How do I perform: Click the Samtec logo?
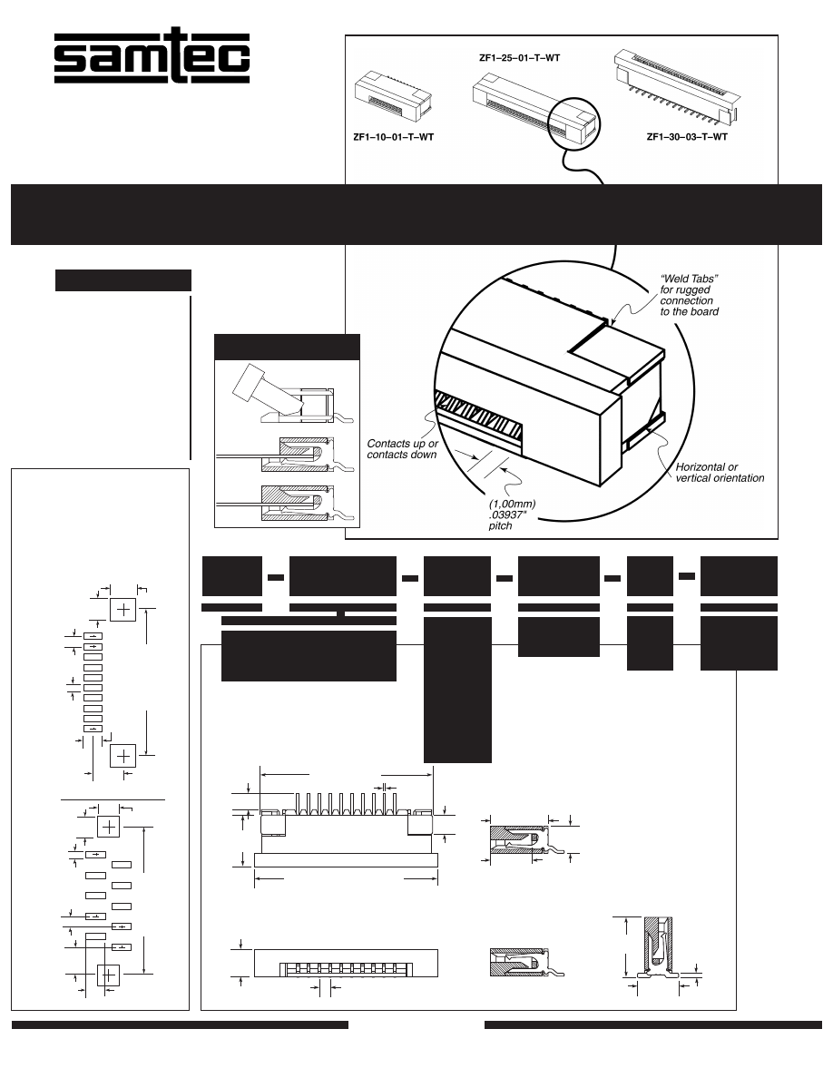click(x=152, y=60)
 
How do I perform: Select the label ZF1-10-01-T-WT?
click(x=393, y=138)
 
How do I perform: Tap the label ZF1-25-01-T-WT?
click(x=519, y=57)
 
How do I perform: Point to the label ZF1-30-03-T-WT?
click(x=687, y=138)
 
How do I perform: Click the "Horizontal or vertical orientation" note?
click(x=720, y=472)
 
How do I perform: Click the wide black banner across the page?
click(x=416, y=214)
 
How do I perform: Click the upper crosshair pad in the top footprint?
click(x=123, y=609)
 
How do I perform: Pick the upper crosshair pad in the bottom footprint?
click(x=109, y=827)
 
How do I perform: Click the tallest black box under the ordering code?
click(x=457, y=689)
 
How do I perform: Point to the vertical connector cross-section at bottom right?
click(x=659, y=947)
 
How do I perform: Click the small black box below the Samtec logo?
click(x=123, y=280)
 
